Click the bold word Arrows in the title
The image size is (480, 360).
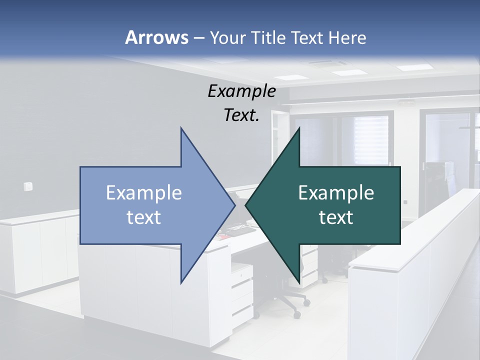click(x=156, y=37)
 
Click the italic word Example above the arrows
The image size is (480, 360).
click(x=241, y=91)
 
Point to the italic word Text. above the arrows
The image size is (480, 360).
click(x=241, y=115)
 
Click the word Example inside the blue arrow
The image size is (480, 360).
click(x=143, y=193)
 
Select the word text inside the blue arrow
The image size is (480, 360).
click(x=143, y=217)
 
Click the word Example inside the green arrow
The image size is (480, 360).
click(x=336, y=193)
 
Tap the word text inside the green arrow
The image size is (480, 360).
click(x=336, y=217)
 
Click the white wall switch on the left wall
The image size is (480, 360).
click(x=28, y=186)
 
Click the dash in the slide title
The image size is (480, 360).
click(x=198, y=38)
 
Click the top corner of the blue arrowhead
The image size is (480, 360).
click(x=181, y=128)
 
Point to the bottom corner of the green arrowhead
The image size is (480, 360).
click(x=299, y=282)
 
